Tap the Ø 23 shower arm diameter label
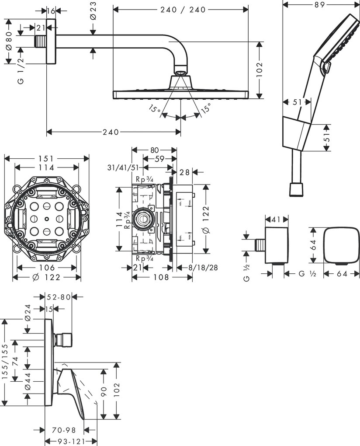pyautogui.click(x=93, y=10)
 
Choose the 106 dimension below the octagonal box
pyautogui.click(x=47, y=268)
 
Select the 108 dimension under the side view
pyautogui.click(x=155, y=277)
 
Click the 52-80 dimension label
pyautogui.click(x=59, y=297)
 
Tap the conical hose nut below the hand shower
pyautogui.click(x=296, y=189)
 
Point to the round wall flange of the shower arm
pyautogui.click(x=52, y=42)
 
